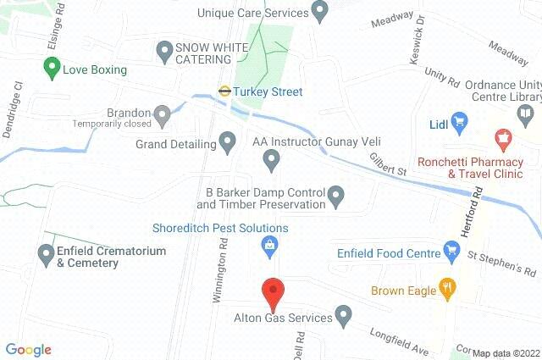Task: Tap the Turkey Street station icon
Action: (225, 91)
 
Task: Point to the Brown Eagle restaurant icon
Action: (449, 290)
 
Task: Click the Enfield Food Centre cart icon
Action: (451, 252)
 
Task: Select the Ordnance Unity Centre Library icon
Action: (527, 114)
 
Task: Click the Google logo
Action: (28, 349)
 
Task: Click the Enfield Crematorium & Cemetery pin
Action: (47, 252)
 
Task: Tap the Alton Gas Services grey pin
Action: (343, 318)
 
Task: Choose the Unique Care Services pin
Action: (319, 13)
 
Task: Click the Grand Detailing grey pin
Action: (227, 143)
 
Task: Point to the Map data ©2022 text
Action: (506, 353)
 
